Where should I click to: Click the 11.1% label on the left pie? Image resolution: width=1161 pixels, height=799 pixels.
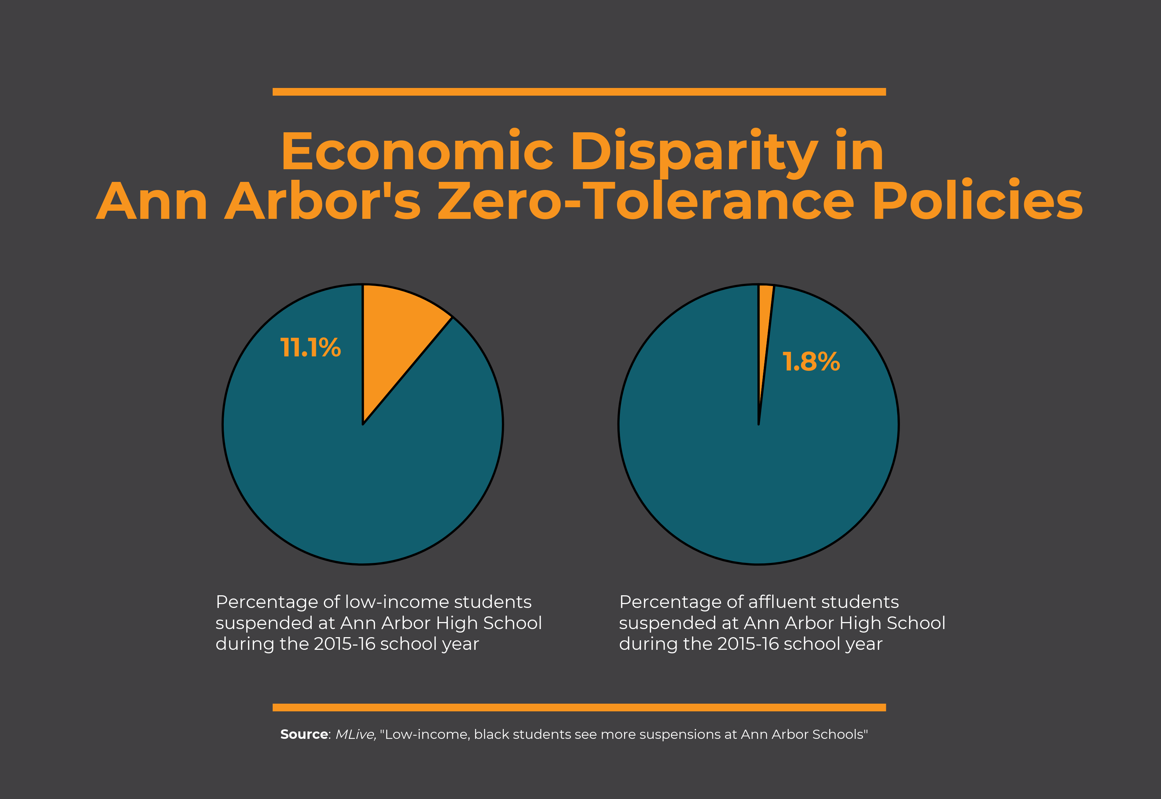tap(310, 348)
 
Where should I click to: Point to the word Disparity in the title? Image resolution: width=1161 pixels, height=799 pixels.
tap(693, 152)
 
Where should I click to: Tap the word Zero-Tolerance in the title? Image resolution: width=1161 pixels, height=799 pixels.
tap(646, 201)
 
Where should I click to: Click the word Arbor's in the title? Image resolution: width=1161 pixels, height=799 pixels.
tap(323, 201)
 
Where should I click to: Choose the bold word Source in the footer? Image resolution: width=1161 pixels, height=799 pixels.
tap(304, 734)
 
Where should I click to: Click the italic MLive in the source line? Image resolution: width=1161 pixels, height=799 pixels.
tap(355, 734)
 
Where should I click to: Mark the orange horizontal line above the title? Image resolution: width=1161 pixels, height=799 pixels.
tap(579, 91)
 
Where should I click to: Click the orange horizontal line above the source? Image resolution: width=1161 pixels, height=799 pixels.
tap(579, 708)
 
